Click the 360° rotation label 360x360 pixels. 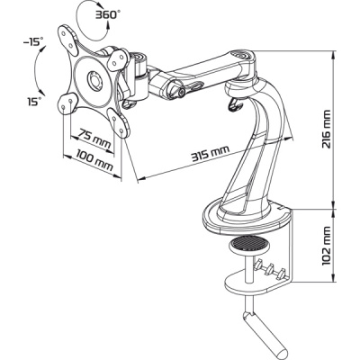(105, 15)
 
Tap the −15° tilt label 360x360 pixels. (33, 41)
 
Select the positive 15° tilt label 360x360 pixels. (33, 102)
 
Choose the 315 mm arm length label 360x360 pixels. (211, 153)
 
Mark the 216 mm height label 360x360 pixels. (326, 130)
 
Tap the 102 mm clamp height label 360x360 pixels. (326, 246)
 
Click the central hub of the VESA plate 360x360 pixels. (94, 80)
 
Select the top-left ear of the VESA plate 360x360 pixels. (67, 38)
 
